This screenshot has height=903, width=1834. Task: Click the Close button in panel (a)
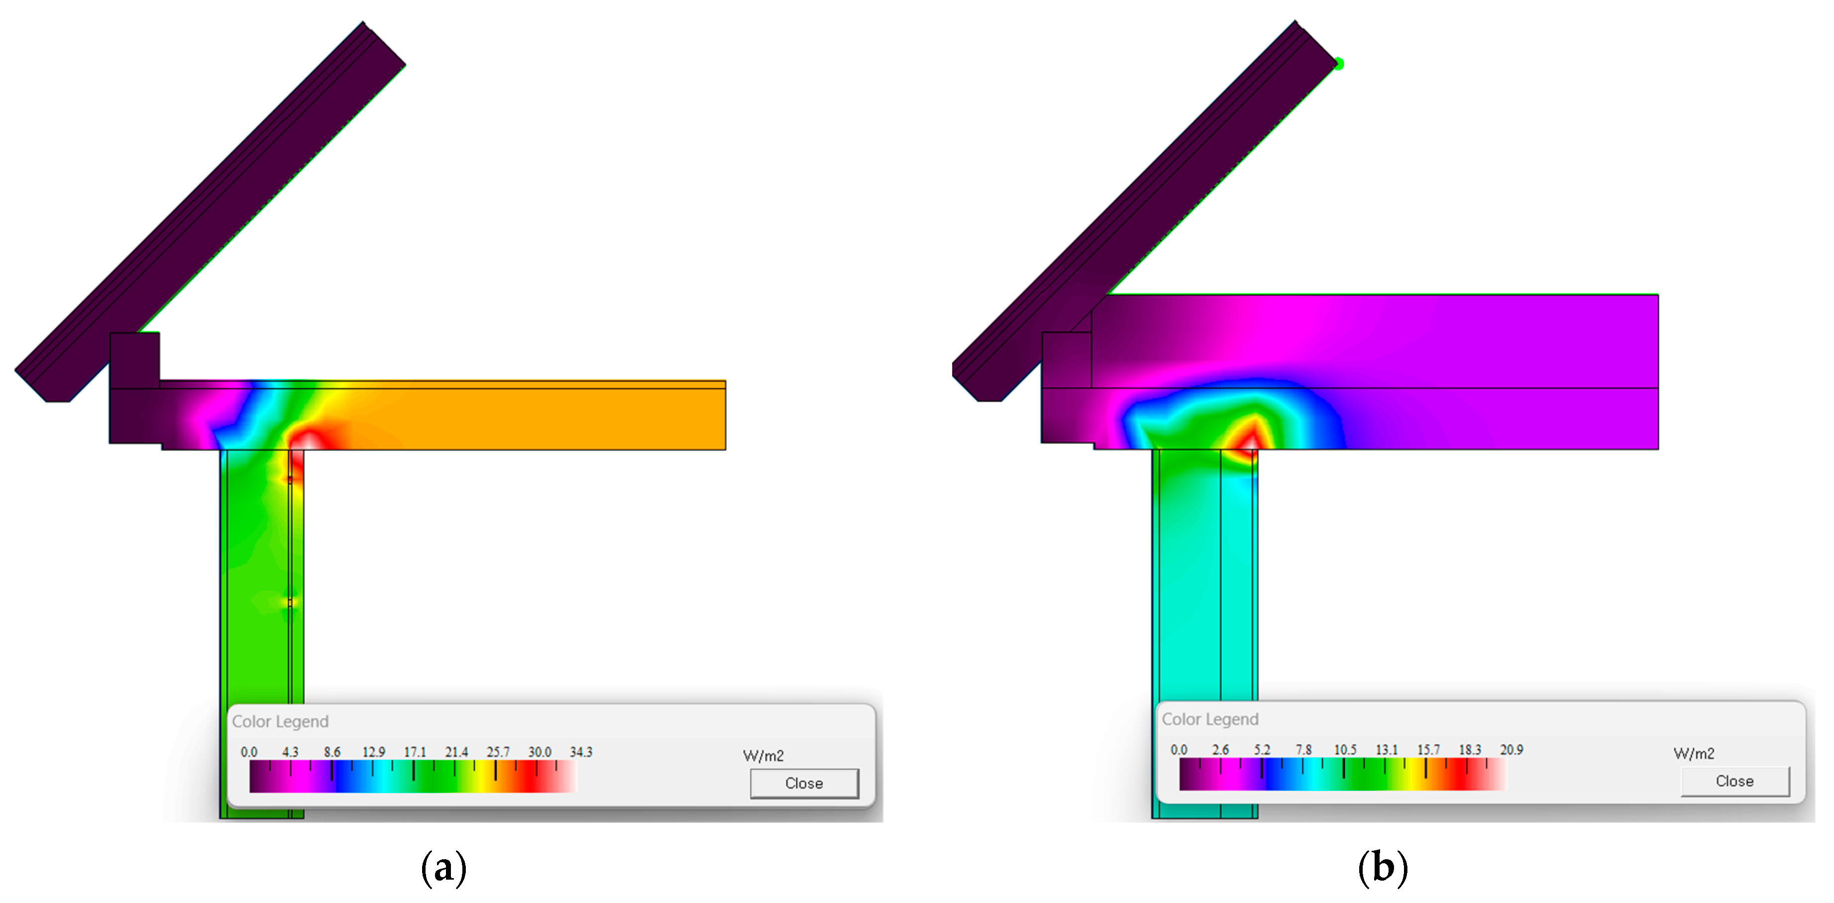tap(804, 783)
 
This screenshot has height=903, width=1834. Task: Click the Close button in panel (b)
tap(1735, 781)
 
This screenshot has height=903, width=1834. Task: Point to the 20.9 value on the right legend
tap(1511, 750)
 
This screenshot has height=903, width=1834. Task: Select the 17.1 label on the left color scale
tap(415, 752)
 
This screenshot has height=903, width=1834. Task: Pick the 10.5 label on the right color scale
tap(1345, 750)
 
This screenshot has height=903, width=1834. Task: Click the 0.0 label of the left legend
tap(249, 752)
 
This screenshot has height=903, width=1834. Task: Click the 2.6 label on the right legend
tap(1221, 750)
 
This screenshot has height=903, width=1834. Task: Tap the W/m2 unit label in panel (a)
tap(763, 756)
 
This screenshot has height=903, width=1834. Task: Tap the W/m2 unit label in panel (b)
tap(1694, 753)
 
